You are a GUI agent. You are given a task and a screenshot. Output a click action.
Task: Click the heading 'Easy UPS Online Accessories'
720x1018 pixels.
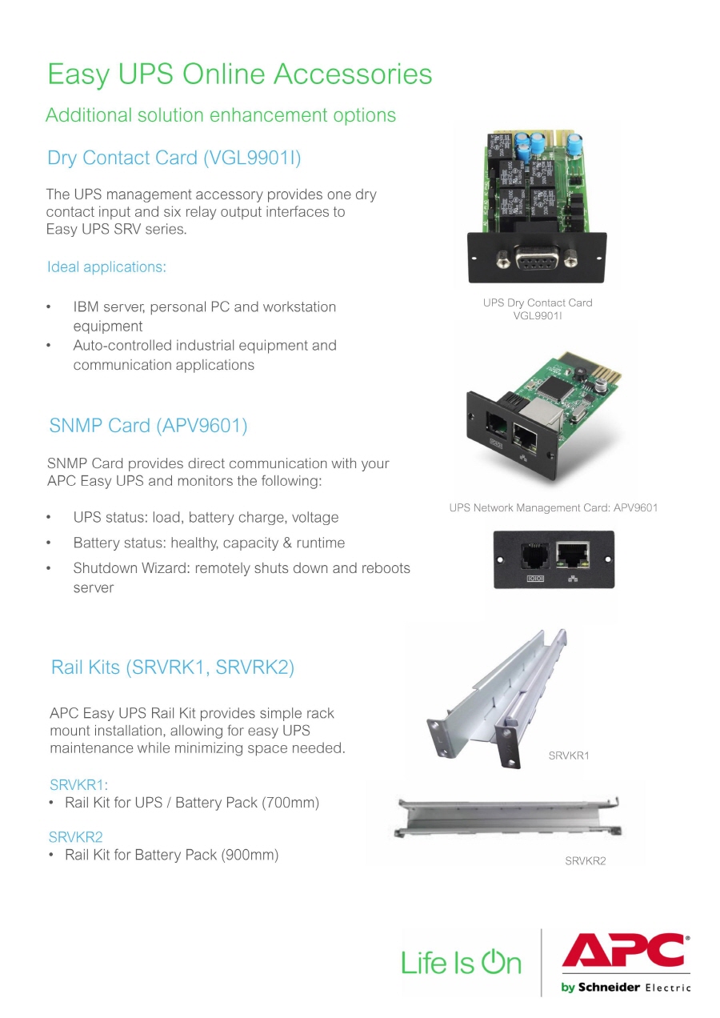239,74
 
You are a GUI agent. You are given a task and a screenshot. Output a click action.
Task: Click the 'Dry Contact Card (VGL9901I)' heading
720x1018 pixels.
174,158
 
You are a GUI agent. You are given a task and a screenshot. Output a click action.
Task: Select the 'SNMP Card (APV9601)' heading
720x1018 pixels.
148,426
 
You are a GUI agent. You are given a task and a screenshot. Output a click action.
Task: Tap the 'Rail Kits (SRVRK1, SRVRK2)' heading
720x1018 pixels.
172,667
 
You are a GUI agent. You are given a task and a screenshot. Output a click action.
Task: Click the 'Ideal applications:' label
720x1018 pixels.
106,267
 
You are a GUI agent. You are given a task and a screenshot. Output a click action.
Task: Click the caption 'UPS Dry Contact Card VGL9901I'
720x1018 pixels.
538,309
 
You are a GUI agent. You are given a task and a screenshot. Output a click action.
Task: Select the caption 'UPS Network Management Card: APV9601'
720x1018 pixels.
554,508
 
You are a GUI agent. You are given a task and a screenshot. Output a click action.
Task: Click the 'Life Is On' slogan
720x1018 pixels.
461,961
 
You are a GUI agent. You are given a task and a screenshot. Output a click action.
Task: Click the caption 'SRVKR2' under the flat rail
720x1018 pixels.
586,861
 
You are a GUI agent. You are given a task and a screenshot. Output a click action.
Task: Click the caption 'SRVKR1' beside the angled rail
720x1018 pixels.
569,755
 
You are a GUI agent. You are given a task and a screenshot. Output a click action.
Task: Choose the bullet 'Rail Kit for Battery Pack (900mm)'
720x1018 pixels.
171,856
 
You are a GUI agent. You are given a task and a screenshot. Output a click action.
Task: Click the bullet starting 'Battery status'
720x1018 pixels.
209,543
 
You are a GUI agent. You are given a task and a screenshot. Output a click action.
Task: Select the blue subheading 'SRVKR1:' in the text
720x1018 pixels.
78,784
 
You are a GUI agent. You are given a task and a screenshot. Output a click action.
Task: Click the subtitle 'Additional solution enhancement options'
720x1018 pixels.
221,115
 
